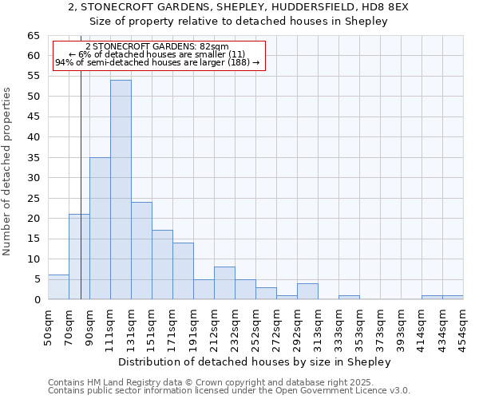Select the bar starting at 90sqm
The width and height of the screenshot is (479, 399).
click(x=100, y=228)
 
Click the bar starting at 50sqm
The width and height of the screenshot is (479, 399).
click(x=58, y=287)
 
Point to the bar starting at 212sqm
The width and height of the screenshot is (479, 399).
click(x=224, y=283)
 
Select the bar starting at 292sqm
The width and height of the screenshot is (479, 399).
click(x=307, y=291)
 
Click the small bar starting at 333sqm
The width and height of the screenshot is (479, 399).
click(x=349, y=298)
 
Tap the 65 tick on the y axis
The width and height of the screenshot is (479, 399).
click(x=33, y=36)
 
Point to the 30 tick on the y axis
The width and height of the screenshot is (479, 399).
click(x=33, y=178)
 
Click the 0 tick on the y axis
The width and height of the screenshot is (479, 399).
click(x=36, y=300)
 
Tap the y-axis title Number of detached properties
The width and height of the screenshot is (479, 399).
click(x=8, y=171)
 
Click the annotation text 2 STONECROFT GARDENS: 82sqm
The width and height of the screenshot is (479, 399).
click(x=156, y=47)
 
